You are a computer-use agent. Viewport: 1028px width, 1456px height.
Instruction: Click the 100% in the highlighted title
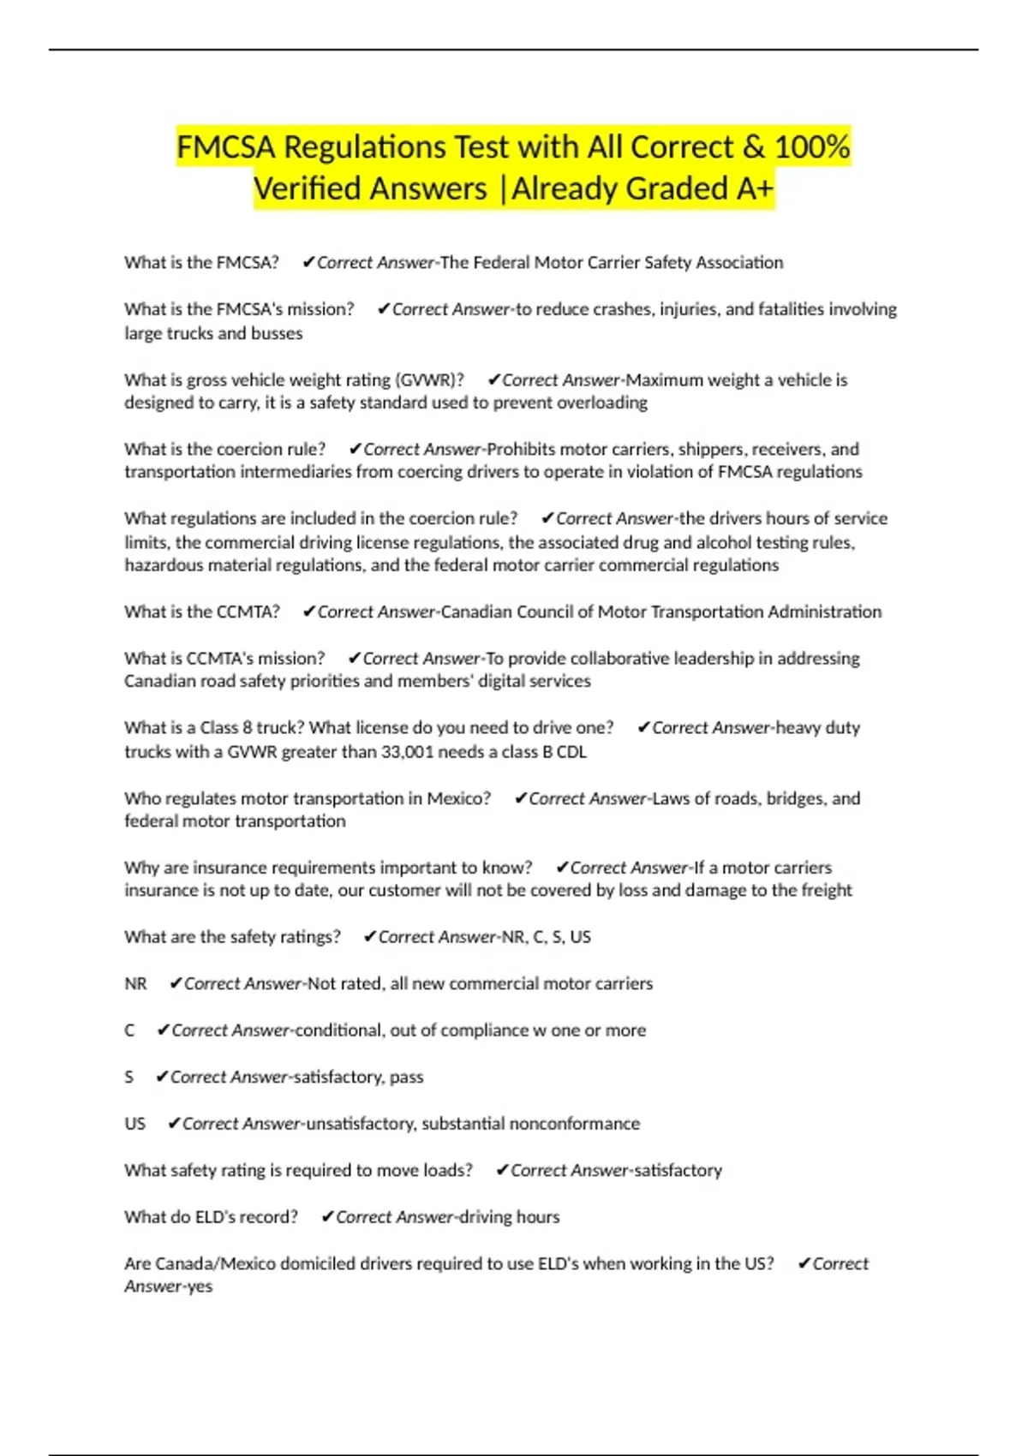pyautogui.click(x=812, y=147)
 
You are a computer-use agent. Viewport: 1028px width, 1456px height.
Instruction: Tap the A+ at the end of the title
pyautogui.click(x=753, y=189)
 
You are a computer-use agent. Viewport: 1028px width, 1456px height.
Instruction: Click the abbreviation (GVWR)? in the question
pyautogui.click(x=429, y=380)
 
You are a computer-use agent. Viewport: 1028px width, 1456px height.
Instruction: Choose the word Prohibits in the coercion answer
pyautogui.click(x=521, y=450)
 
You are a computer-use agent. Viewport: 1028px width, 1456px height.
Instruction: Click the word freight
pyautogui.click(x=825, y=891)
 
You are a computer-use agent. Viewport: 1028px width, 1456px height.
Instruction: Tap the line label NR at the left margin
pyautogui.click(x=135, y=984)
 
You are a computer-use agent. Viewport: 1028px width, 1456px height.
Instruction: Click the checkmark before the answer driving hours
pyautogui.click(x=326, y=1217)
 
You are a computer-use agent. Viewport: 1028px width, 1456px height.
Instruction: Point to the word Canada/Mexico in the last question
pyautogui.click(x=200, y=1264)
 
